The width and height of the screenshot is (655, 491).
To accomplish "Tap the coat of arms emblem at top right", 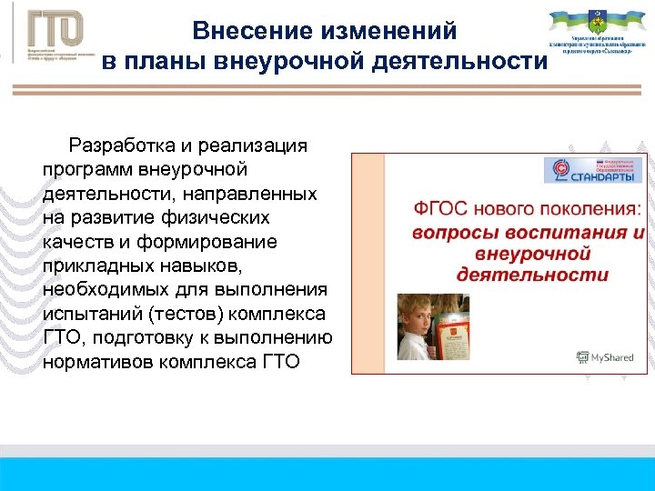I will click(595, 21).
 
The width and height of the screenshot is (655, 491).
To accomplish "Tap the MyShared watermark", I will click(606, 357).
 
